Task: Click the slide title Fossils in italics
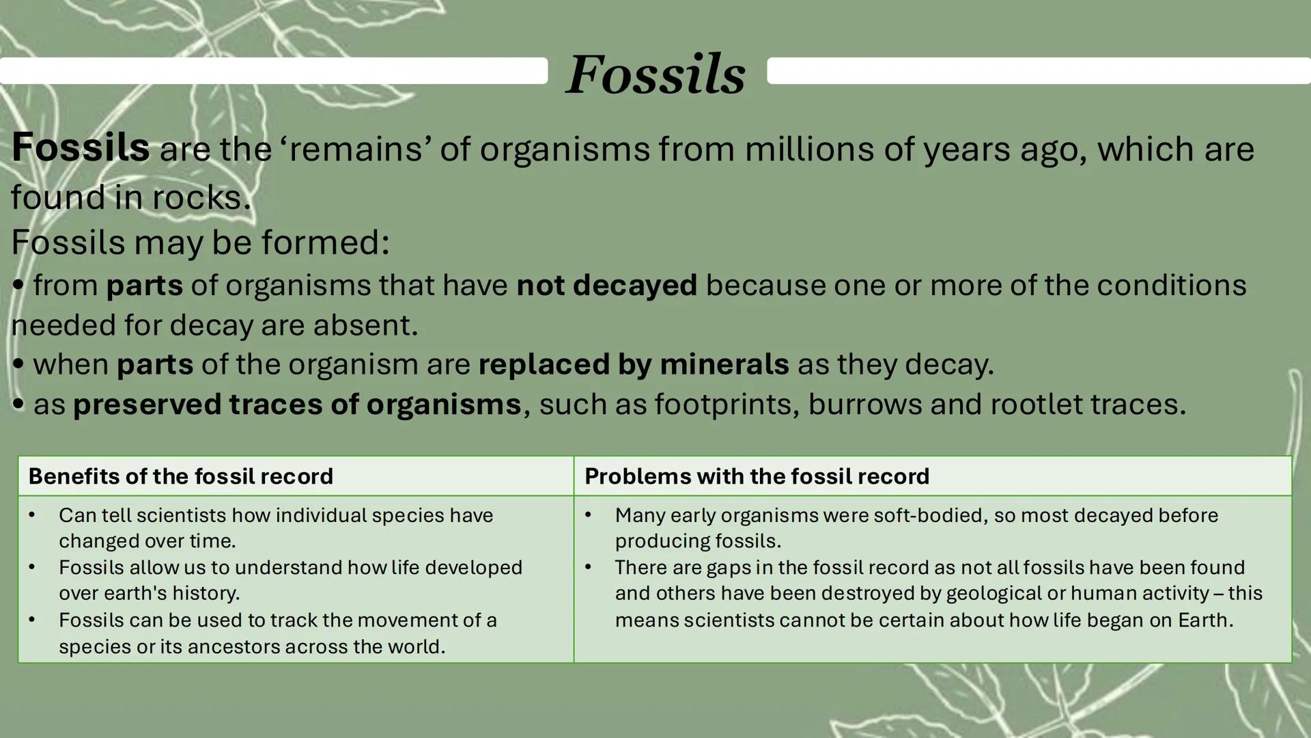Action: (655, 74)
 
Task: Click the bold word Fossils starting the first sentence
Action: (80, 148)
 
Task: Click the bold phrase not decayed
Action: (606, 285)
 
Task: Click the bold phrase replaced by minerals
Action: (633, 364)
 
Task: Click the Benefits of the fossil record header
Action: (180, 476)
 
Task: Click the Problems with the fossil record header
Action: (757, 476)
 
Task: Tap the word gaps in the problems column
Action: (729, 568)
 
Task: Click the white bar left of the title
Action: (273, 70)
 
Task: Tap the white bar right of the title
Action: (1038, 70)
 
